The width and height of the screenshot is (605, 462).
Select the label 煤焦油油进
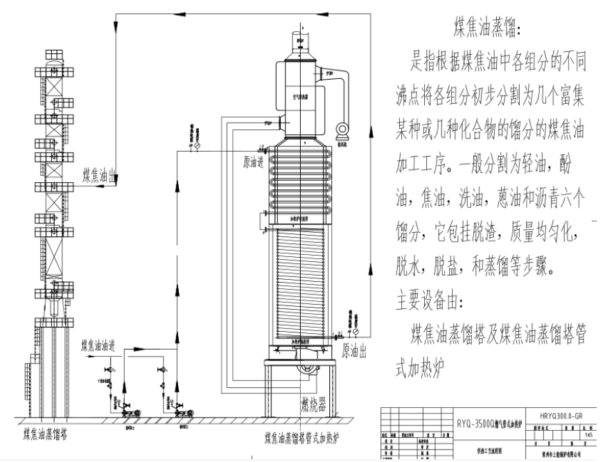point(107,344)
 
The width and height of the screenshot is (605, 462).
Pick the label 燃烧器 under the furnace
point(314,403)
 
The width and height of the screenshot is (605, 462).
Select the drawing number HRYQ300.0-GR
point(563,418)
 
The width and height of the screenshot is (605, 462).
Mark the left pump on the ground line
point(129,413)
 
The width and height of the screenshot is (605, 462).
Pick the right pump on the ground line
point(181,413)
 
